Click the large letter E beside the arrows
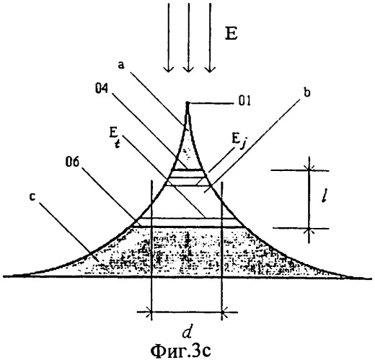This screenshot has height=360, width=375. click(x=231, y=35)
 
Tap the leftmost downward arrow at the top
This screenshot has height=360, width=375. click(x=169, y=38)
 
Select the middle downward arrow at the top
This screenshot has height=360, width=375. click(x=188, y=38)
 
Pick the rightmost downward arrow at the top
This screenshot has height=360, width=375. click(x=210, y=38)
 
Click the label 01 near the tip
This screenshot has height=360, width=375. click(x=244, y=101)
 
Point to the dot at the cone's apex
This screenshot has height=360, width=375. click(x=187, y=103)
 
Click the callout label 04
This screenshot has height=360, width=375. click(x=102, y=89)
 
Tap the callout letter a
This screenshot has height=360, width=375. click(x=122, y=66)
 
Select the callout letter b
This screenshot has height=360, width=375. click(x=306, y=92)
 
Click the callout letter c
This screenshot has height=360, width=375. click(x=32, y=197)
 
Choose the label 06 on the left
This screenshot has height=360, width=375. click(x=72, y=163)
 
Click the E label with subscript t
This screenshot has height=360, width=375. click(x=115, y=138)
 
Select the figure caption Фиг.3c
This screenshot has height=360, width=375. click(x=180, y=351)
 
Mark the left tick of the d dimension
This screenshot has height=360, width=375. click(x=151, y=312)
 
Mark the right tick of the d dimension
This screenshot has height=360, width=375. click(x=222, y=312)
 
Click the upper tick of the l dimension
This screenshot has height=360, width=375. click(x=309, y=170)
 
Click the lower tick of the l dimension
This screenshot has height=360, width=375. click(x=309, y=228)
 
